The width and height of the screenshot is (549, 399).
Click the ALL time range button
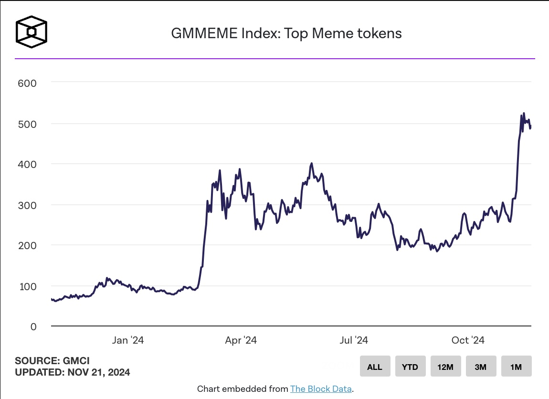[x=375, y=367]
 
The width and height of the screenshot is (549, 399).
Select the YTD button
[x=410, y=367]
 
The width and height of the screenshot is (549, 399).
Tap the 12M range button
[x=445, y=367]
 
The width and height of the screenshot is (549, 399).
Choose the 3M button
[x=481, y=367]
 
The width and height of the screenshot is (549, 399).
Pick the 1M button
[x=516, y=367]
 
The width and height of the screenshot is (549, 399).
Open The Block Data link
[x=321, y=389]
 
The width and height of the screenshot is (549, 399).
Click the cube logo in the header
[x=32, y=33]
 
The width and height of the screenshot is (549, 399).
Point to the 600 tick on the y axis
[x=27, y=83]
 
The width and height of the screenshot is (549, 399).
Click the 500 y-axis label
[x=27, y=124]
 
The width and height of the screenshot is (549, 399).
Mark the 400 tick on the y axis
[x=27, y=164]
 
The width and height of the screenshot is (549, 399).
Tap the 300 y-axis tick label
[x=27, y=205]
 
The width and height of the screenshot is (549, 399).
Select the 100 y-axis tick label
[x=27, y=286]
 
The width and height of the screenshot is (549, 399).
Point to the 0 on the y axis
[x=33, y=327]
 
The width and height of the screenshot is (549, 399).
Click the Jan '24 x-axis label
[x=127, y=340]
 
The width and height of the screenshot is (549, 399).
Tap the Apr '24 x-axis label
[x=241, y=340]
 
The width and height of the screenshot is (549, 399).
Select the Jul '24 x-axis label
[x=354, y=340]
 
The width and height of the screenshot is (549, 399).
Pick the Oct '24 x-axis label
[x=468, y=340]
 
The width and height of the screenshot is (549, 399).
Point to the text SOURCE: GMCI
[x=52, y=361]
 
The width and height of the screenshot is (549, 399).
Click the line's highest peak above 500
[x=524, y=113]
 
